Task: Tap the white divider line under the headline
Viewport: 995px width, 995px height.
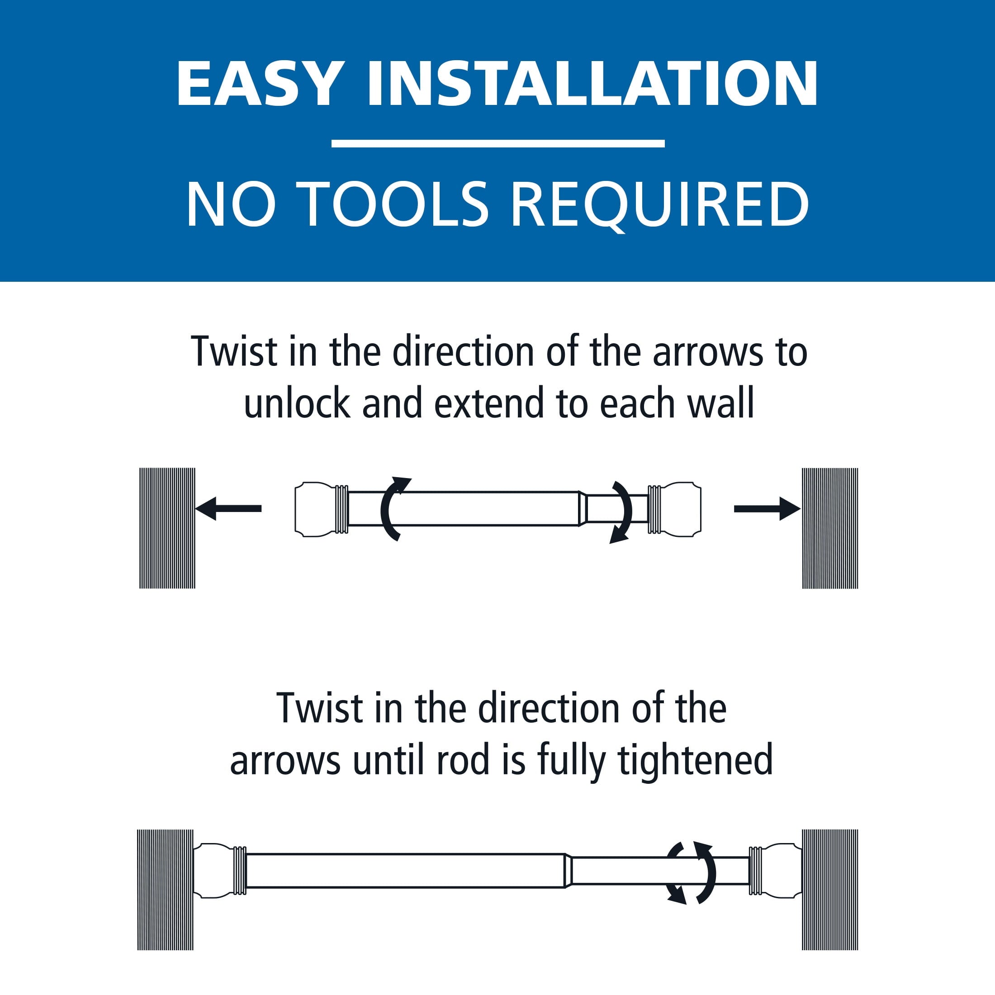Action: pos(497,144)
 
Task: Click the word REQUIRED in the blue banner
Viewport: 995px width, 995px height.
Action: pos(660,205)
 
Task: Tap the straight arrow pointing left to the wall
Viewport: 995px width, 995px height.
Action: pos(228,508)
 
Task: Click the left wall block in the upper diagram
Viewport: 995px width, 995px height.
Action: pos(167,528)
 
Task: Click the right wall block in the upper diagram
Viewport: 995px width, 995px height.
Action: pos(829,528)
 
